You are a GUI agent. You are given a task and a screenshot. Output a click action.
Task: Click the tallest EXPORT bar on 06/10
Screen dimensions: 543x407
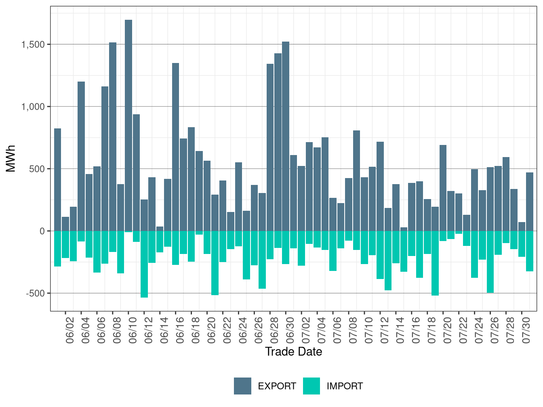[x=128, y=125]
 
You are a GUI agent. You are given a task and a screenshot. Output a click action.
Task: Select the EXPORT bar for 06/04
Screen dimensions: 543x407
[x=81, y=156]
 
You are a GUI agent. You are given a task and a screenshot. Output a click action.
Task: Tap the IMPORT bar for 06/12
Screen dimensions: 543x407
[x=144, y=264]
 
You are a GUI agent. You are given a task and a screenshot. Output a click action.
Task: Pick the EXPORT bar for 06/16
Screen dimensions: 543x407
[x=176, y=147]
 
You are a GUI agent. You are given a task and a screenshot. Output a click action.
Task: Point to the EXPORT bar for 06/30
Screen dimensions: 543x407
[x=286, y=136]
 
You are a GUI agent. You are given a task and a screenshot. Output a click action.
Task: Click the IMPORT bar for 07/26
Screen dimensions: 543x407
[x=490, y=262]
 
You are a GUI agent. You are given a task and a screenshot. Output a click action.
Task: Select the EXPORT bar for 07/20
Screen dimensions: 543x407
[x=443, y=188]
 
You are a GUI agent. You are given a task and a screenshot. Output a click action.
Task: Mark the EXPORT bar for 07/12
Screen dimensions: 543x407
[x=380, y=186]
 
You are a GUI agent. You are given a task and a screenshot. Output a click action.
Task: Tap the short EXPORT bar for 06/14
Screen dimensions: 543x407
[x=160, y=229]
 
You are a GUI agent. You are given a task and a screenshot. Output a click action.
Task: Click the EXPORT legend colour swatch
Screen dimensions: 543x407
[x=242, y=386]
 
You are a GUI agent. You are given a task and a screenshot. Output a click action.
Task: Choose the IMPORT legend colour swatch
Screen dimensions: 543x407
[x=311, y=386]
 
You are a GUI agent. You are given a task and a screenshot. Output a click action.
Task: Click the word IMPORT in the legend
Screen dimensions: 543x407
[x=345, y=386]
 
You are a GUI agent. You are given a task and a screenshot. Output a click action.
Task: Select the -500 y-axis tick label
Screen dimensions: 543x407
[x=36, y=293]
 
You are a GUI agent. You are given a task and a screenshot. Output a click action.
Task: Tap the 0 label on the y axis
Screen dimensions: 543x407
[x=42, y=231]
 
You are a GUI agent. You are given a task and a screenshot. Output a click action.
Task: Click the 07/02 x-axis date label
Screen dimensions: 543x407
[x=306, y=330]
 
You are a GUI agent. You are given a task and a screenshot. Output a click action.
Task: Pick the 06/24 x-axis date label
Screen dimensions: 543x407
[x=243, y=330]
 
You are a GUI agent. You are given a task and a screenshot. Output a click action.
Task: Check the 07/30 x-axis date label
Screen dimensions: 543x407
[x=526, y=330]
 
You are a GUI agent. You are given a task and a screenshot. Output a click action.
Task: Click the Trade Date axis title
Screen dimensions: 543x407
[x=294, y=352]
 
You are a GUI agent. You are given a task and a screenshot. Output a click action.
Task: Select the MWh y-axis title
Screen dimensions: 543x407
[x=11, y=159]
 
